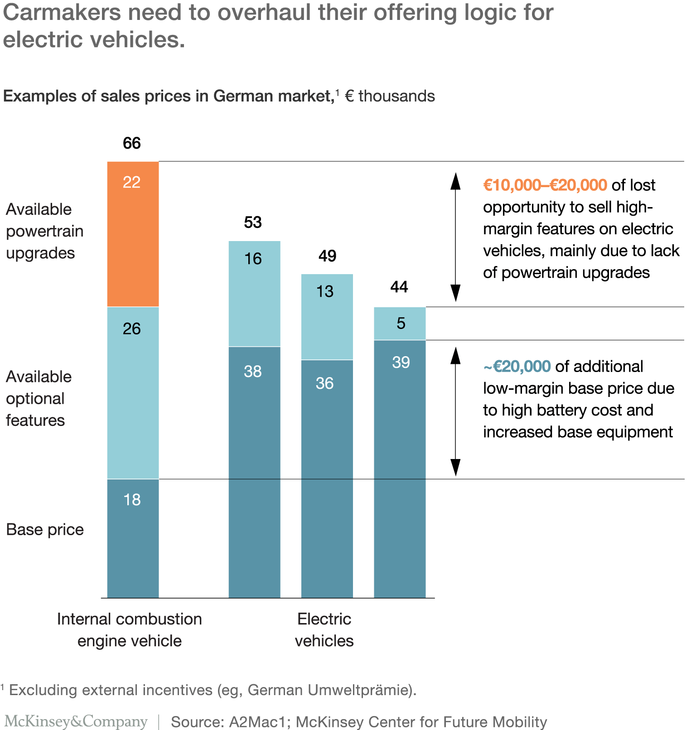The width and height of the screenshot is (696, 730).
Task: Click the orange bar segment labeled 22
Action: coord(133,234)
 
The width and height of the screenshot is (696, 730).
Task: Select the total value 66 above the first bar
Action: coord(132,143)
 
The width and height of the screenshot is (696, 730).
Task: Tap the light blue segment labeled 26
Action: coord(133,392)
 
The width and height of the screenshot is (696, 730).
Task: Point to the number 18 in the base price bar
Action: coord(132,499)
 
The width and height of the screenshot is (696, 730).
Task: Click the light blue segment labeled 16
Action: coord(254,294)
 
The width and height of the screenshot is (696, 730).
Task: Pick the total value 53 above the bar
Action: coord(253,222)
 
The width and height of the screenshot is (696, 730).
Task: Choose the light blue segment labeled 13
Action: coord(327,317)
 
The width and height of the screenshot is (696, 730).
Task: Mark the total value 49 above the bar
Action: coord(327,256)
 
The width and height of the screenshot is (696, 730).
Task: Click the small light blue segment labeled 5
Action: coord(400,324)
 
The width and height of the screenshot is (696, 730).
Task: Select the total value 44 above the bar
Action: coord(399,287)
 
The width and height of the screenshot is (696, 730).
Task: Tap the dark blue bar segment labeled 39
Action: coord(400,469)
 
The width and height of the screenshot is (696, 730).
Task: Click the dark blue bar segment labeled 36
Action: coord(327,479)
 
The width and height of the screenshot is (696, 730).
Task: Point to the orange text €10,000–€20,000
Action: coord(545,185)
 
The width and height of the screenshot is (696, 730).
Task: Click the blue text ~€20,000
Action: coord(517,366)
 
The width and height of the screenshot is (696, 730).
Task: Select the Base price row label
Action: coord(45,529)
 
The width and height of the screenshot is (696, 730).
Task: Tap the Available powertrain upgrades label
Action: coord(45,231)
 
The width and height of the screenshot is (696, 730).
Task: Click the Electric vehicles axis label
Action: coord(324,630)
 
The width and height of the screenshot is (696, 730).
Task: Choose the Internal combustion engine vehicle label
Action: coord(130,630)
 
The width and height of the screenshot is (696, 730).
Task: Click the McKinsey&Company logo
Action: coord(76,721)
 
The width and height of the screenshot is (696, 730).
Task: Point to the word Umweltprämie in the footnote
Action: coord(360,690)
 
